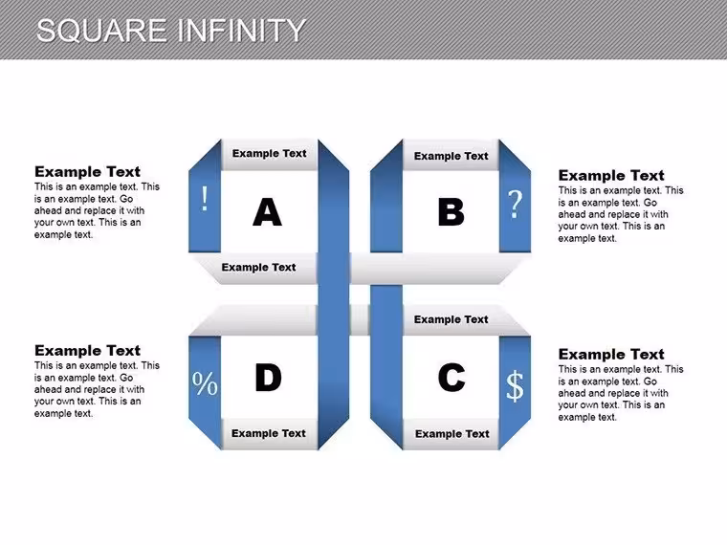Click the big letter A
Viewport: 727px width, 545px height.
tap(268, 212)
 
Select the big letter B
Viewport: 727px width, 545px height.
tap(452, 212)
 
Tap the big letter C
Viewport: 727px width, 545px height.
tap(452, 378)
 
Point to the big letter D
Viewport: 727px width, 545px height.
tap(268, 378)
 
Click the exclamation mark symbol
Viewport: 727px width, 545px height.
tap(205, 199)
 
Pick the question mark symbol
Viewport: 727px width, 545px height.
tap(515, 204)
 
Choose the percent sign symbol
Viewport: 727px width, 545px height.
tap(205, 383)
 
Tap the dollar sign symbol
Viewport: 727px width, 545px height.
tap(515, 385)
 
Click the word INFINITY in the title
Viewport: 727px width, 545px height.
tap(241, 31)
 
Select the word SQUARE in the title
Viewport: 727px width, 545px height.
tap(101, 31)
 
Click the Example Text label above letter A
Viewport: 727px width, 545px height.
tap(270, 153)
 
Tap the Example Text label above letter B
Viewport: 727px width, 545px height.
tap(452, 156)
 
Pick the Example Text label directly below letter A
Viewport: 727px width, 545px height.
tap(258, 268)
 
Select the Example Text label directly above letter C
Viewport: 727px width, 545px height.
tap(452, 319)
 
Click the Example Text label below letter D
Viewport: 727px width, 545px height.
tap(269, 433)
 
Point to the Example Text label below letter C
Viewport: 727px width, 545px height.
tap(452, 434)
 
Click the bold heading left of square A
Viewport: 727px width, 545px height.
tap(87, 172)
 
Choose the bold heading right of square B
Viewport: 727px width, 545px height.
tap(611, 176)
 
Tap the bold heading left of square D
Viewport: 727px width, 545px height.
tap(87, 351)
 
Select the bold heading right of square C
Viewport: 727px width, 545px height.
tap(611, 355)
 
